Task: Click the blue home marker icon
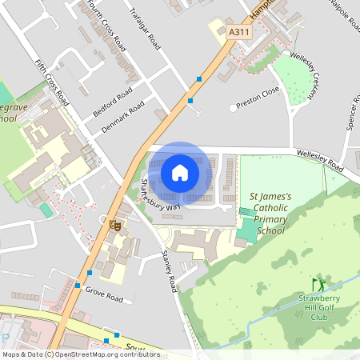tap(180, 173)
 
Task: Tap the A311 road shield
tap(238, 31)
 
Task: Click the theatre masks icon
tap(115, 226)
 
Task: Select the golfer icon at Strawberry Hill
tap(319, 284)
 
